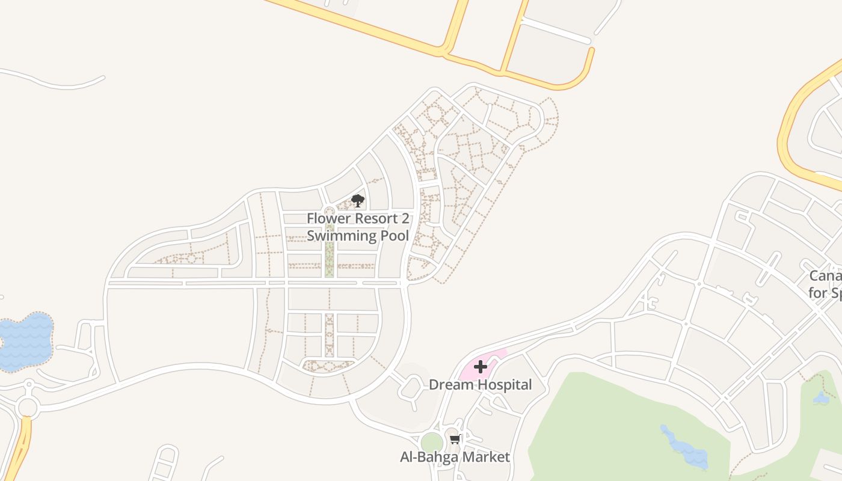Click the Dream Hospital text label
pos(480,385)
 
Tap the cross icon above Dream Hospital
pos(481,367)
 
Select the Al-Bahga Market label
pos(455,457)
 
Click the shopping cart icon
pos(455,440)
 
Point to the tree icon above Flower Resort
pos(358,201)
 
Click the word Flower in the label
pos(327,218)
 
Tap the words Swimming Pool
pos(358,236)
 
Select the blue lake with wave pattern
pos(25,342)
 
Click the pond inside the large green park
pos(686,448)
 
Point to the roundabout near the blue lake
pos(28,407)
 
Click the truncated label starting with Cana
pos(825,276)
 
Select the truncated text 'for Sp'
pos(825,293)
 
